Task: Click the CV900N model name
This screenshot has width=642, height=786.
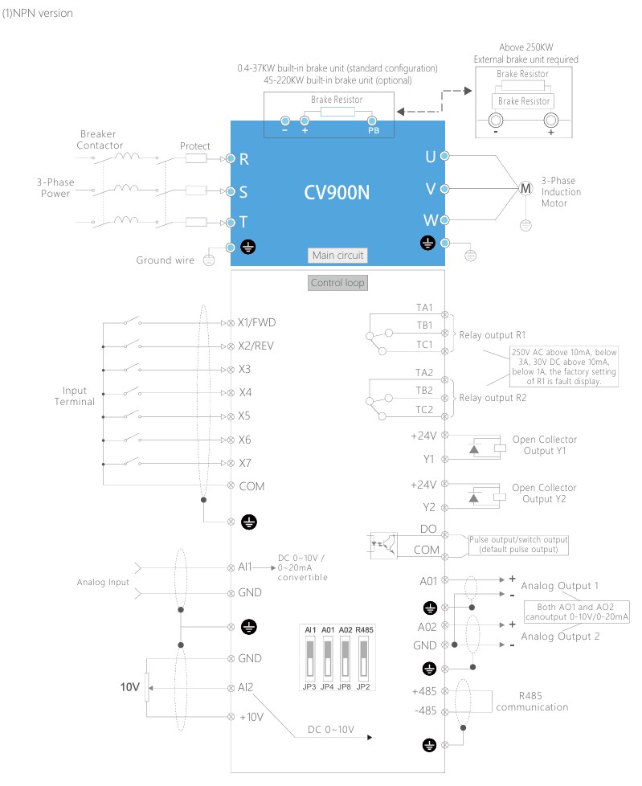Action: (x=337, y=193)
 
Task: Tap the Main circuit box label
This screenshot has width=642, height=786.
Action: (x=337, y=256)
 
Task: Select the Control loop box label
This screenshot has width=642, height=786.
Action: (x=337, y=283)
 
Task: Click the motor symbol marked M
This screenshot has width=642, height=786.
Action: (x=526, y=188)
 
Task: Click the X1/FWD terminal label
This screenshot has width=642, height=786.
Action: (x=257, y=321)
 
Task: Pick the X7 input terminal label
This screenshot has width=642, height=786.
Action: (x=246, y=463)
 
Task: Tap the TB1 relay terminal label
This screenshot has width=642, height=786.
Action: (x=424, y=325)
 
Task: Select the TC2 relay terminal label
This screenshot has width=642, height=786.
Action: (x=424, y=410)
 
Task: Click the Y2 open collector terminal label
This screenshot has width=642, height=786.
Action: (x=428, y=508)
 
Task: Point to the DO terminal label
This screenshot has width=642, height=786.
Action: (x=427, y=529)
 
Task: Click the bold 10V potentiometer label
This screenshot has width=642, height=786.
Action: (x=130, y=687)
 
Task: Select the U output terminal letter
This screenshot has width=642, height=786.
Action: (x=430, y=157)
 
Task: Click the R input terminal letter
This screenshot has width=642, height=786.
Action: (x=244, y=160)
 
